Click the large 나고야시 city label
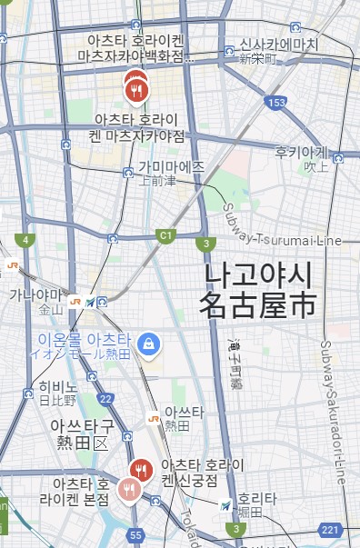[x=259, y=274]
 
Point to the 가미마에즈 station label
[x=172, y=167]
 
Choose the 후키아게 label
[x=301, y=154]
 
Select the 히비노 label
[x=58, y=387]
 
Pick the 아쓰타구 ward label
[x=83, y=425]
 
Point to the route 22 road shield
[x=106, y=398]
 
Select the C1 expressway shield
[x=165, y=235]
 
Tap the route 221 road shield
[x=329, y=529]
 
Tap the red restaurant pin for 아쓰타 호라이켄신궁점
[x=140, y=470]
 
